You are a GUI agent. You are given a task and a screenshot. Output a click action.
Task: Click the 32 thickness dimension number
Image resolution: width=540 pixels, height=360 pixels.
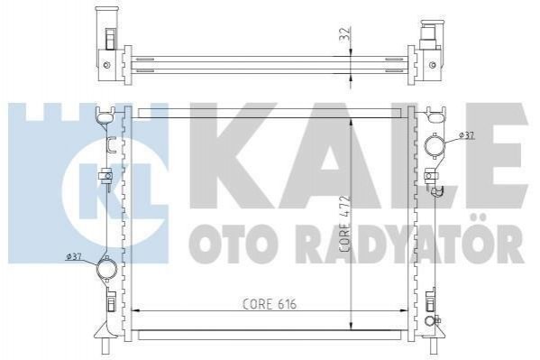346,33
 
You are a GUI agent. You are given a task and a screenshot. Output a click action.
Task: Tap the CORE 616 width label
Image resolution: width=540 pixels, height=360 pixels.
270,304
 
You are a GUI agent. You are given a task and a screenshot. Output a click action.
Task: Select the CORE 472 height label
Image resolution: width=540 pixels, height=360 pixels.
345,225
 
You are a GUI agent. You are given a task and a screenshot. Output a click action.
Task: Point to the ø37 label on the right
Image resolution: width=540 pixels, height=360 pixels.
467,136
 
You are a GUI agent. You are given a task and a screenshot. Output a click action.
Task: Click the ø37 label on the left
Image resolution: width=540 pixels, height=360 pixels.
73,256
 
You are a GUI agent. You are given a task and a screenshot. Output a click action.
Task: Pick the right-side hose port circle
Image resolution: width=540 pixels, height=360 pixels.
435,146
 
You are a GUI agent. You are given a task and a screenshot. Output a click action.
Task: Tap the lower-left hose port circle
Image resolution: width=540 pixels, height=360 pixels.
106,268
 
